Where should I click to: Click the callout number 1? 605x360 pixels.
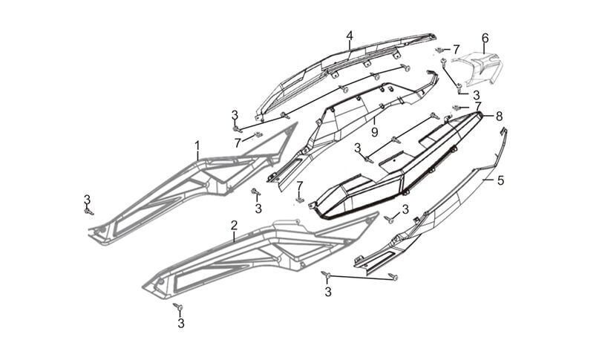[x=197, y=143]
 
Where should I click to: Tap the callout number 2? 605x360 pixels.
[x=234, y=225]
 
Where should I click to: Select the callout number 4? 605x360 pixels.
[x=350, y=35]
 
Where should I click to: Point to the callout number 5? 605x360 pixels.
[x=500, y=180]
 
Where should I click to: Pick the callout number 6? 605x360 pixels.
[x=485, y=38]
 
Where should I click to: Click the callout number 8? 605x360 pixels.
[x=499, y=116]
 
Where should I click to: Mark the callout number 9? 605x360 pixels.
[x=375, y=131]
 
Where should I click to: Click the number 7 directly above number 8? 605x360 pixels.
[x=478, y=105]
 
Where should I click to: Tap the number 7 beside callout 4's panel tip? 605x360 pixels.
[x=457, y=48]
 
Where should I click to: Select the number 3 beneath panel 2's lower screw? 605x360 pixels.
[x=180, y=323]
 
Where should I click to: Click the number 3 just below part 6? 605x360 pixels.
[x=476, y=95]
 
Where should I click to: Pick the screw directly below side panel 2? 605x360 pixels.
[x=177, y=307]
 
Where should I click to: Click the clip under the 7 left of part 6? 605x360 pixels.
[x=444, y=59]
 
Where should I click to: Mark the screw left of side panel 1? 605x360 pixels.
[x=89, y=211]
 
